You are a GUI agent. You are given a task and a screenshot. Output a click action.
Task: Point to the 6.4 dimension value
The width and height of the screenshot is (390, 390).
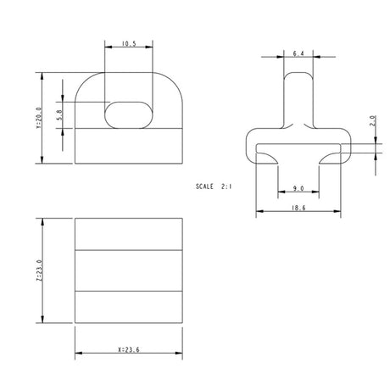(x=298, y=53)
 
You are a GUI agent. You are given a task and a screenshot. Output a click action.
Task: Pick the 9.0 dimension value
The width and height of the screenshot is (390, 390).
(x=298, y=188)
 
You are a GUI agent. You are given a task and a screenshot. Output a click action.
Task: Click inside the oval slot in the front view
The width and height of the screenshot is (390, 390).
(x=129, y=114)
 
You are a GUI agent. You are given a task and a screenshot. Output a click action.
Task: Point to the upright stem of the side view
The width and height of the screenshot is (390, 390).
(x=298, y=97)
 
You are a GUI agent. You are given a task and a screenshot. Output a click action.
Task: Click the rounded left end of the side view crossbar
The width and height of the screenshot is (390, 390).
(x=251, y=146)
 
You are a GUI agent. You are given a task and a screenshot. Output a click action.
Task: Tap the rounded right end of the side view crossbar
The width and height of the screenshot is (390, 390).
(x=343, y=146)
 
